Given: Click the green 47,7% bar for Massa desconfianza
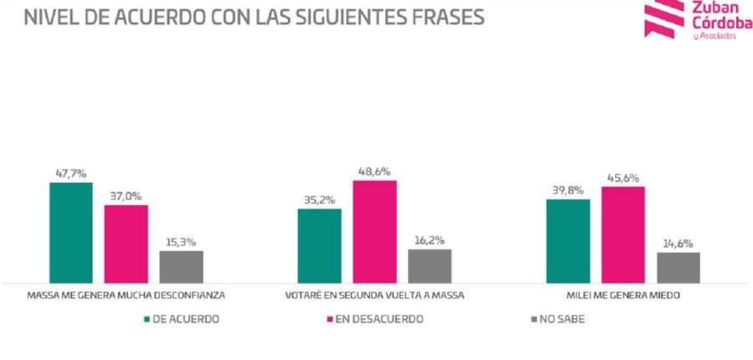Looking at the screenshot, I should pyautogui.click(x=71, y=232).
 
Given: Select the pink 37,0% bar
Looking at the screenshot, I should pyautogui.click(x=126, y=243).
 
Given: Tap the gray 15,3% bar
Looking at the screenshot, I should pyautogui.click(x=182, y=266).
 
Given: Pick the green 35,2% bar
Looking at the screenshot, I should pyautogui.click(x=320, y=245).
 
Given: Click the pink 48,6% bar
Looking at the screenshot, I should pyautogui.click(x=375, y=231).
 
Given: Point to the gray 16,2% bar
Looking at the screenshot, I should pyautogui.click(x=430, y=265).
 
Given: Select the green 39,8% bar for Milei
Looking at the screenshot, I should pyautogui.click(x=568, y=240).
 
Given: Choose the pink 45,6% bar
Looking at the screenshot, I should pyautogui.click(x=623, y=234).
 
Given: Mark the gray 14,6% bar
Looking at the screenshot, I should pyautogui.click(x=679, y=267).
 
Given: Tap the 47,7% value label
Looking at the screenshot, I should pyautogui.click(x=71, y=172).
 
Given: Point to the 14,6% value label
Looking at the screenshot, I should pyautogui.click(x=679, y=243).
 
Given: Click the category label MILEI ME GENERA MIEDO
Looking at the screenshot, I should pyautogui.click(x=623, y=296).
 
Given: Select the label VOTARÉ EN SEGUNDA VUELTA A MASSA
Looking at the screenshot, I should pyautogui.click(x=375, y=296).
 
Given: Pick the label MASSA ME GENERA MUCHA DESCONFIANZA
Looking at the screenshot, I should pyautogui.click(x=126, y=296).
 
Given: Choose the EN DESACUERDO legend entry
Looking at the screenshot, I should pyautogui.click(x=373, y=319).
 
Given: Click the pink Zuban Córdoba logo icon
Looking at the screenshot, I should pyautogui.click(x=663, y=18).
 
